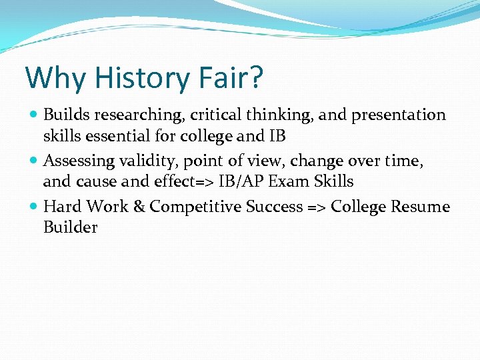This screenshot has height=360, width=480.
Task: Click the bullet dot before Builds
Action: pyautogui.click(x=35, y=115)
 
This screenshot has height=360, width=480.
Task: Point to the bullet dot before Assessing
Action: pyautogui.click(x=35, y=161)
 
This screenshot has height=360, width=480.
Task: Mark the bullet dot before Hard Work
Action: pyautogui.click(x=35, y=207)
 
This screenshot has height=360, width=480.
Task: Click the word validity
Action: pyautogui.click(x=151, y=161)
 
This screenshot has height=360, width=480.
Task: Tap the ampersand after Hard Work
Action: pyautogui.click(x=139, y=207)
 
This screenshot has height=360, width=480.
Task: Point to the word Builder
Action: pyautogui.click(x=70, y=227)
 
